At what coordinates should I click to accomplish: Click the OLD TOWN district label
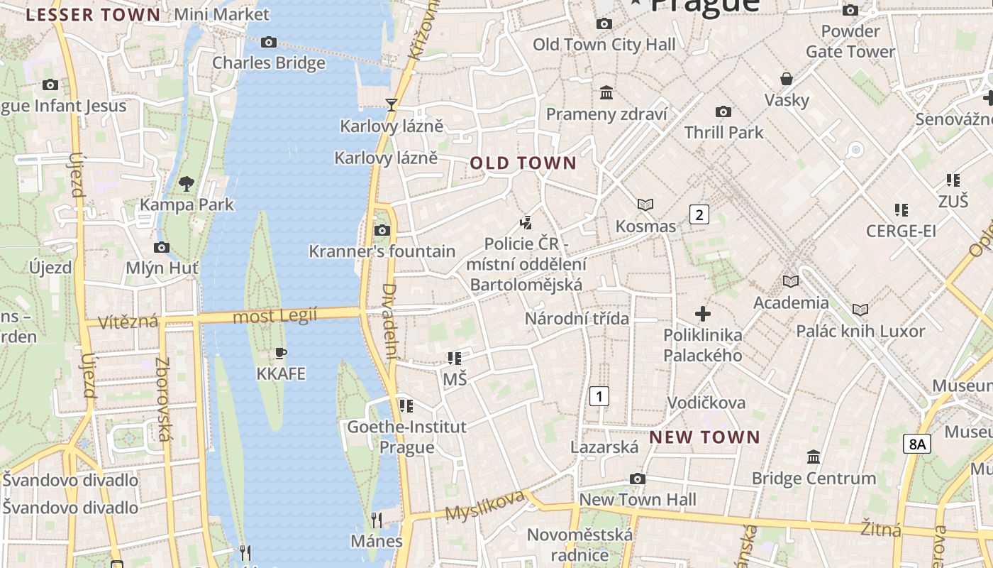pyautogui.click(x=523, y=163)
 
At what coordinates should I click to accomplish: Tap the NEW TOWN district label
pyautogui.click(x=704, y=437)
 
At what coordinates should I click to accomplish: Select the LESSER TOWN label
pyautogui.click(x=93, y=15)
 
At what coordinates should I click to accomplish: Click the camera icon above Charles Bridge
pyautogui.click(x=268, y=42)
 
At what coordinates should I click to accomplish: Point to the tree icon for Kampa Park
pyautogui.click(x=187, y=184)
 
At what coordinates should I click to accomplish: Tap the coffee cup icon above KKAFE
pyautogui.click(x=281, y=353)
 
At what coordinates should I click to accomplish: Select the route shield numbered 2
pyautogui.click(x=699, y=214)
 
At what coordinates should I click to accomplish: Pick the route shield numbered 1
pyautogui.click(x=599, y=395)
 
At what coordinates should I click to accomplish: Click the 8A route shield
pyautogui.click(x=917, y=444)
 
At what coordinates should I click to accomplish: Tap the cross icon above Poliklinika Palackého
pyautogui.click(x=703, y=313)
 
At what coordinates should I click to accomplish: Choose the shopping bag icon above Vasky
pyautogui.click(x=786, y=78)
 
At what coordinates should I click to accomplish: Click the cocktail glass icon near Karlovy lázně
pyautogui.click(x=391, y=105)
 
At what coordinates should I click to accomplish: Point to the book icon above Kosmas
pyautogui.click(x=645, y=204)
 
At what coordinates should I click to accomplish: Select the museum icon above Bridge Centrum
pyautogui.click(x=814, y=457)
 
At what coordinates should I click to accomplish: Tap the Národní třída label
pyautogui.click(x=577, y=318)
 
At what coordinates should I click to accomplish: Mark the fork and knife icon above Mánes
pyautogui.click(x=377, y=520)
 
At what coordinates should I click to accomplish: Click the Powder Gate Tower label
pyautogui.click(x=850, y=41)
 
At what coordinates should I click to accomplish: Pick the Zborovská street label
pyautogui.click(x=162, y=399)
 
